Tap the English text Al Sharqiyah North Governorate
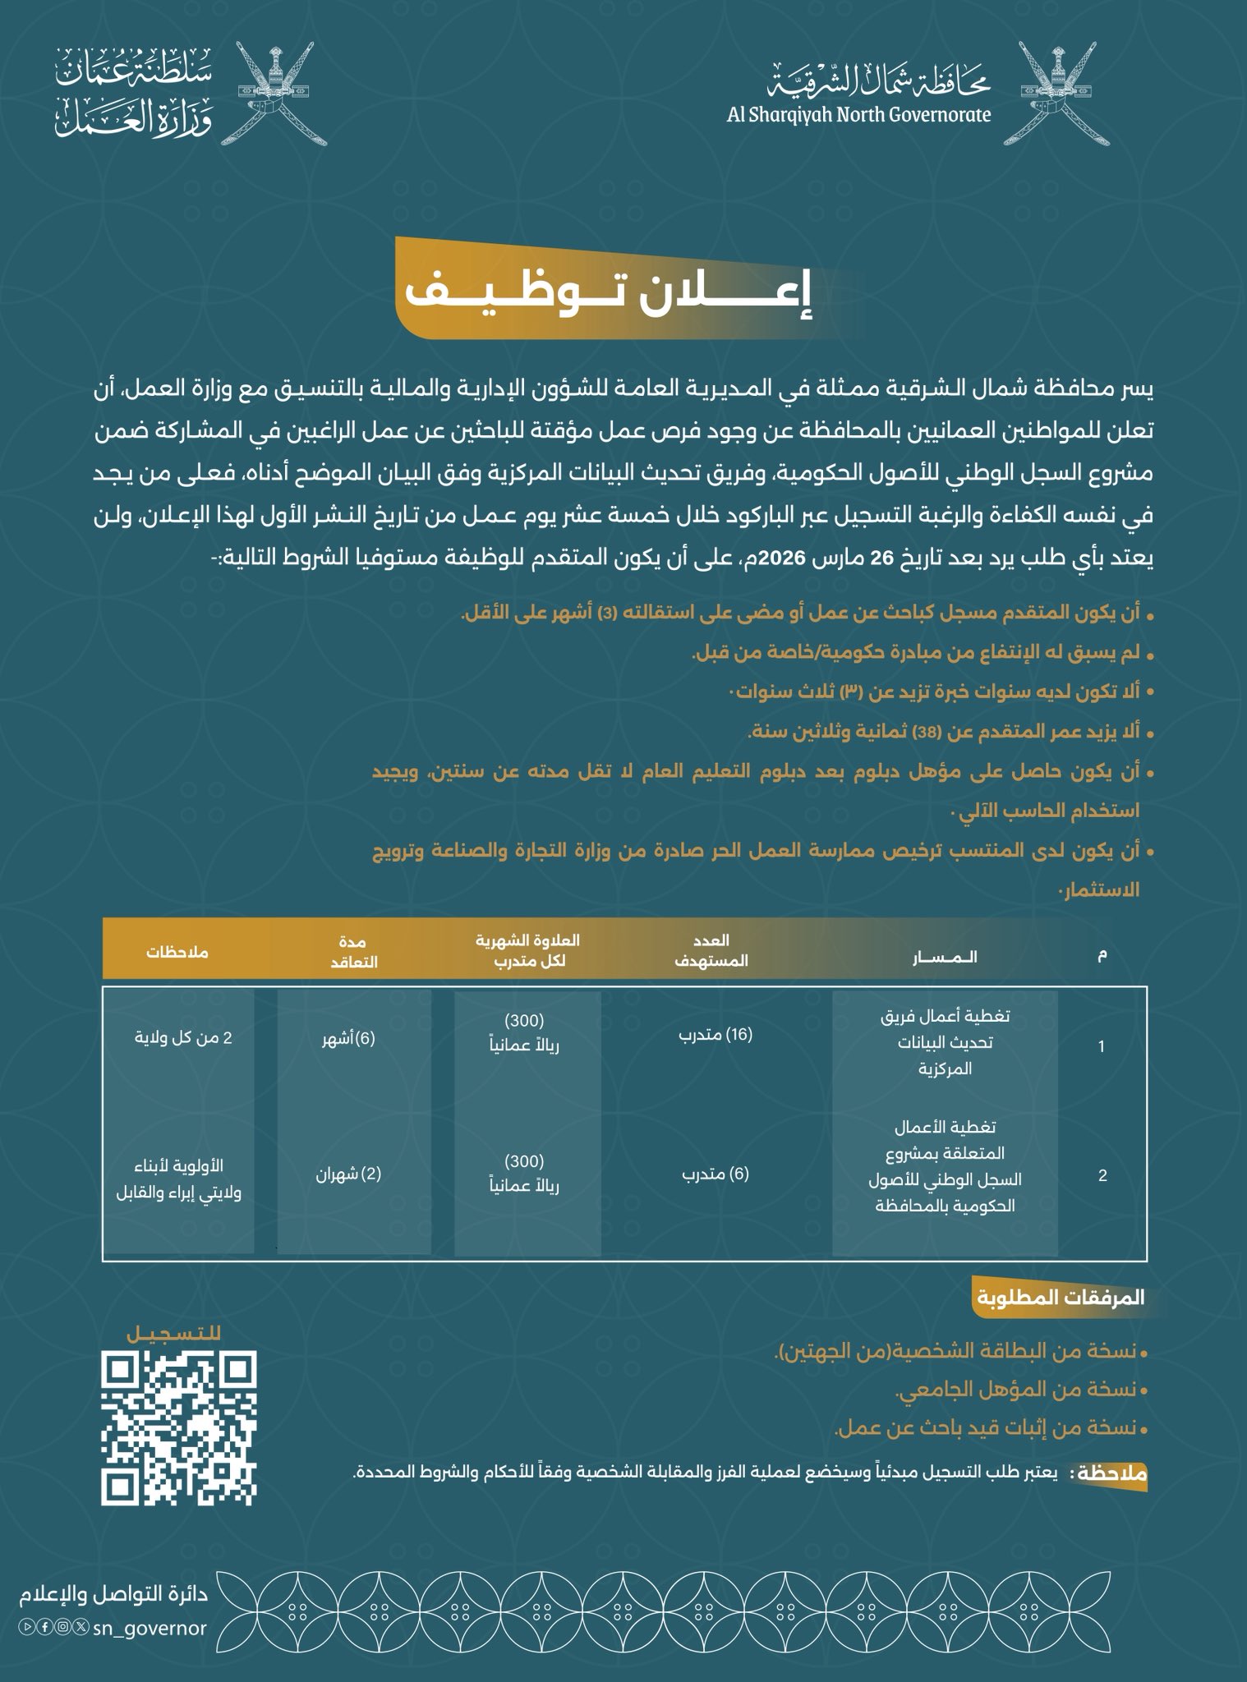tap(858, 114)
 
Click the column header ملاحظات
tap(178, 953)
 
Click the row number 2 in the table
tap(1102, 1175)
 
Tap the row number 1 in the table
tap(1102, 1047)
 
